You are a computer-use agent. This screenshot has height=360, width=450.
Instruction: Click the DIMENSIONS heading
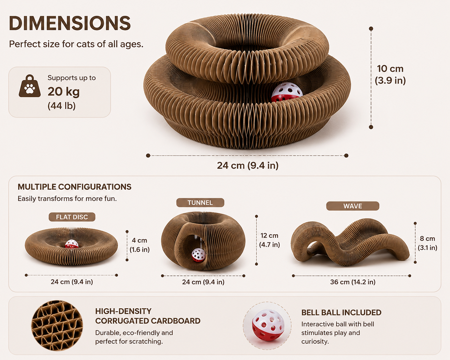pyautogui.click(x=70, y=23)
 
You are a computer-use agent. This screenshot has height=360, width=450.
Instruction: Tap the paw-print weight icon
pyautogui.click(x=30, y=86)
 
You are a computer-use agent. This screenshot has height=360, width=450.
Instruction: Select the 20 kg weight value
pyautogui.click(x=64, y=92)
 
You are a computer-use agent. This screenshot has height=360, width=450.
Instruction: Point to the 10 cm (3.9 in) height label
pyautogui.click(x=390, y=74)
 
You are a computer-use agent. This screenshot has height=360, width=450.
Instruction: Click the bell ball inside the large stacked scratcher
pyautogui.click(x=287, y=92)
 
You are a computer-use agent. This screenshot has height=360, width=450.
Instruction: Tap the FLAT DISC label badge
pyautogui.click(x=72, y=217)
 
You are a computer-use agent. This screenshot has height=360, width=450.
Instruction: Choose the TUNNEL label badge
pyautogui.click(x=200, y=202)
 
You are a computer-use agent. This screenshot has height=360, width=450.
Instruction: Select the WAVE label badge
pyautogui.click(x=352, y=206)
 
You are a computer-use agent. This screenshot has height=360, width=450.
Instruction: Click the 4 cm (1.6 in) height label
pyautogui.click(x=140, y=245)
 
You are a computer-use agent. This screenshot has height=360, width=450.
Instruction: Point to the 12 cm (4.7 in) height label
pyautogui.click(x=269, y=240)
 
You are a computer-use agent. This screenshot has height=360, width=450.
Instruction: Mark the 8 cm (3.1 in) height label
pyautogui.click(x=428, y=243)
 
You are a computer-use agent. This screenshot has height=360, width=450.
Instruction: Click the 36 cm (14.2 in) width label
pyautogui.click(x=353, y=282)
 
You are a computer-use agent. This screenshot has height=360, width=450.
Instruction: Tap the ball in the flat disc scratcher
pyautogui.click(x=72, y=244)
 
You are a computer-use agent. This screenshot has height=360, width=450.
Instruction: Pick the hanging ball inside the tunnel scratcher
pyautogui.click(x=199, y=255)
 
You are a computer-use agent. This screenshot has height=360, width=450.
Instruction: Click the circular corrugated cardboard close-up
pyautogui.click(x=57, y=325)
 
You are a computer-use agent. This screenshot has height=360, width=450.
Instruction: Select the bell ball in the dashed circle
pyautogui.click(x=268, y=325)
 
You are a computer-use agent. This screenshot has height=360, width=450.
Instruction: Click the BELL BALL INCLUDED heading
pyautogui.click(x=341, y=313)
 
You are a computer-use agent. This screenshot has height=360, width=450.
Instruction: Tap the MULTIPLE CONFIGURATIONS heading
pyautogui.click(x=74, y=187)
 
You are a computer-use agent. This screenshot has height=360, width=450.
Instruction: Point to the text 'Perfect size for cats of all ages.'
pyautogui.click(x=76, y=44)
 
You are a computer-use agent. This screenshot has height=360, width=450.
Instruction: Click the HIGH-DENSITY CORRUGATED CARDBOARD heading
pyautogui.click(x=148, y=316)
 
